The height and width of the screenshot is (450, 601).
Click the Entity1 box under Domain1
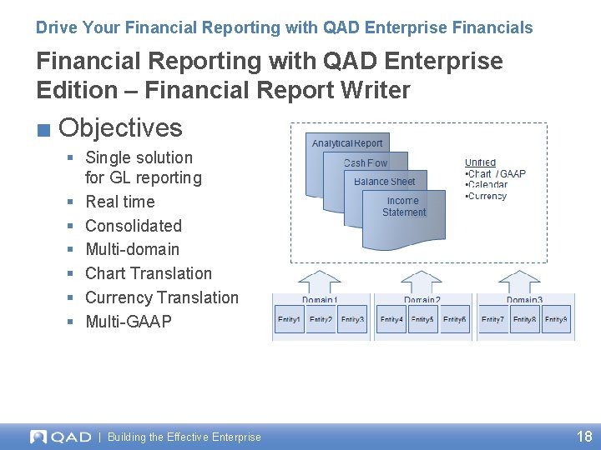[x=289, y=319]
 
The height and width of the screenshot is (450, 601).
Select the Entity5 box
[x=422, y=319]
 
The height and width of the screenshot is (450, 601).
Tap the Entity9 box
[x=556, y=319]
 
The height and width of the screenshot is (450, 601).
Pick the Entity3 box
[x=352, y=319]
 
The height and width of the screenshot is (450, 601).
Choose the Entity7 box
[x=492, y=319]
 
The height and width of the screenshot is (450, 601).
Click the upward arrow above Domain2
[x=422, y=281]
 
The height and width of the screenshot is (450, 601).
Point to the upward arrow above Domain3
[x=523, y=281]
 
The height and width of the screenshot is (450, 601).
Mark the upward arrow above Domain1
[x=320, y=281]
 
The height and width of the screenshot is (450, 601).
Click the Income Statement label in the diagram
[x=404, y=207]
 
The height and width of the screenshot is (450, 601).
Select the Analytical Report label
[x=347, y=143]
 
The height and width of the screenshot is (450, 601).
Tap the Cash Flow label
[x=366, y=163]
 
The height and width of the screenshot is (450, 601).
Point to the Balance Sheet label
[x=384, y=182]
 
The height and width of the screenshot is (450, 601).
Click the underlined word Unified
[x=480, y=162]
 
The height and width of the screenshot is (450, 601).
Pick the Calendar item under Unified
[x=487, y=185]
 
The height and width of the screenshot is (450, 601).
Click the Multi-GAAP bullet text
[x=129, y=322]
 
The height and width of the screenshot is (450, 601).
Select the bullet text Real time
[x=120, y=202]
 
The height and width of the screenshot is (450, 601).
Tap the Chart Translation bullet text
[x=149, y=273]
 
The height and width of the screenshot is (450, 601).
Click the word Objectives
[x=121, y=127]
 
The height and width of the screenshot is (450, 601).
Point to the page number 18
[x=584, y=436]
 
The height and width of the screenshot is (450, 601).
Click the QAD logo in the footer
[x=60, y=437]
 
